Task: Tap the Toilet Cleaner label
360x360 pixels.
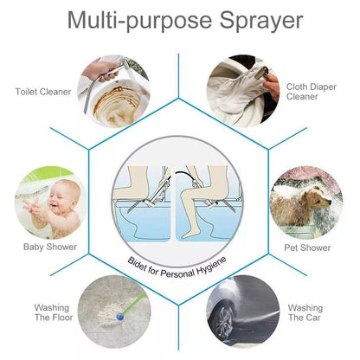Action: (42, 90)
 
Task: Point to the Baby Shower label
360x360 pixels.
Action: (49, 247)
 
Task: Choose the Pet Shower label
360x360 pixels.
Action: (307, 248)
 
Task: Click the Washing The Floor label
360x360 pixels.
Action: (52, 312)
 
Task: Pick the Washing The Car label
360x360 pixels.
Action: (305, 312)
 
